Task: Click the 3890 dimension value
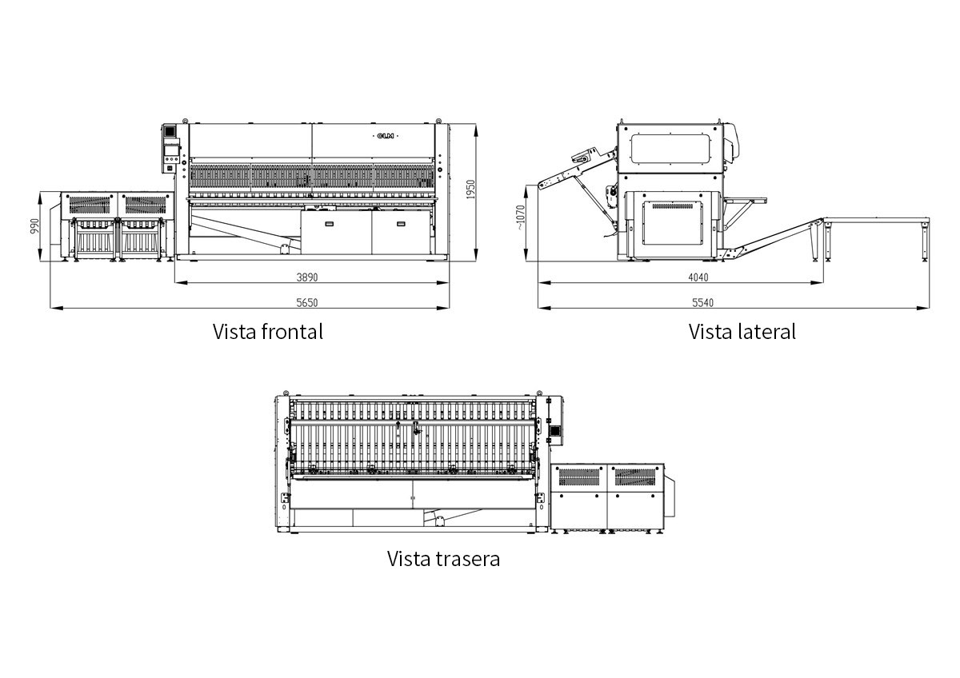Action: [x=307, y=277]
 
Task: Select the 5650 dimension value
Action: [x=307, y=303]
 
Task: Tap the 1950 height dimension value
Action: [x=471, y=189]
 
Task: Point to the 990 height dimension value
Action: [x=34, y=226]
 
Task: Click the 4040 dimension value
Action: [x=698, y=277]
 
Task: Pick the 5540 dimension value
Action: [x=703, y=303]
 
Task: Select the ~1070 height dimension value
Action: [x=520, y=217]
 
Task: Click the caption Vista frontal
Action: [x=268, y=332]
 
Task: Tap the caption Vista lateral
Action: [x=742, y=332]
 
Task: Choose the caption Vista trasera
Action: [x=443, y=559]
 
